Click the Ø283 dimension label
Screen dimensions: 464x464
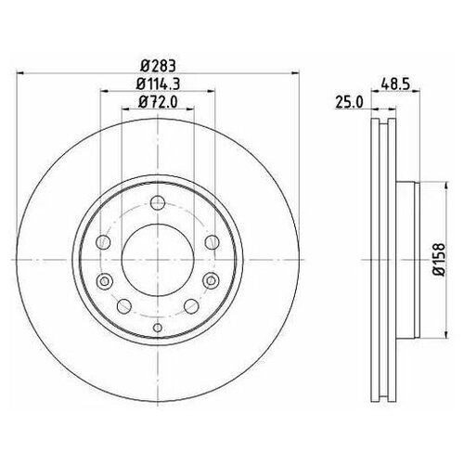(x=158, y=64)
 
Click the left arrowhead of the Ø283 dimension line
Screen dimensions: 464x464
(x=26, y=72)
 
